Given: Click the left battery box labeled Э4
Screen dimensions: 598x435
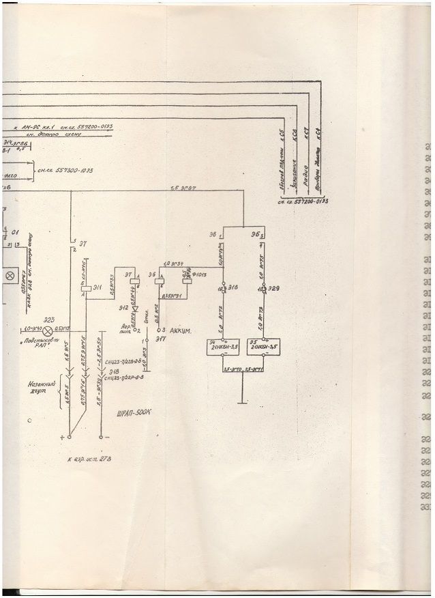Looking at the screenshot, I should pos(222,347).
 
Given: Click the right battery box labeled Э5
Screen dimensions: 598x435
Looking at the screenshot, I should pos(265,347).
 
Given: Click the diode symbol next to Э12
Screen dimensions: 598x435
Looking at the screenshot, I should pos(134,307).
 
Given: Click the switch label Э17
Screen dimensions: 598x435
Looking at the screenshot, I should pos(161,339).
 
